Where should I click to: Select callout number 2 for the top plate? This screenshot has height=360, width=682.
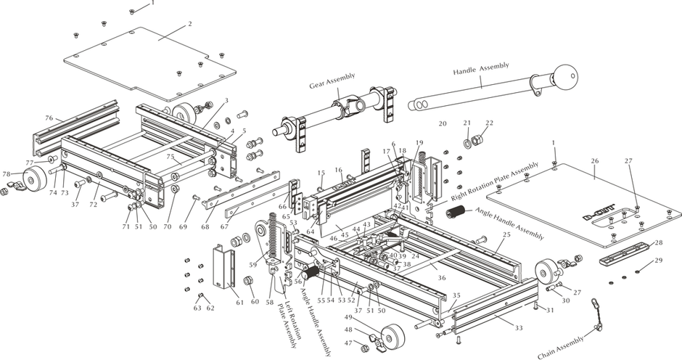coord(189,24)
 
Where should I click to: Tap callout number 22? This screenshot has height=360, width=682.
coord(489,123)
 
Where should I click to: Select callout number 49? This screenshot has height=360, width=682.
coord(348,317)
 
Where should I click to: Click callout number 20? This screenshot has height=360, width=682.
coord(442,124)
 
